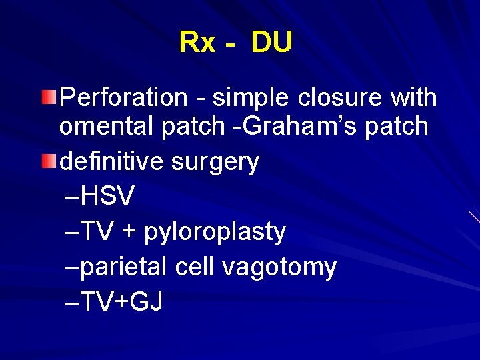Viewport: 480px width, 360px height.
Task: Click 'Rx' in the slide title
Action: pos(197,43)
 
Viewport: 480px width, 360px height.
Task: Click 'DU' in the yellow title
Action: pos(272,43)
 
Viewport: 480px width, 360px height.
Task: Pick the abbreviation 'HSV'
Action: pos(109,196)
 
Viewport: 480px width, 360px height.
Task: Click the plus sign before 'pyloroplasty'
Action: pos(128,232)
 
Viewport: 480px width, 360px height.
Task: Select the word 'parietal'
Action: pos(125,268)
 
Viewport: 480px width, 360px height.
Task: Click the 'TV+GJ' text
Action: pos(123,302)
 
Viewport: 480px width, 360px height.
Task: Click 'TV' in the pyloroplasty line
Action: pos(99,231)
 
